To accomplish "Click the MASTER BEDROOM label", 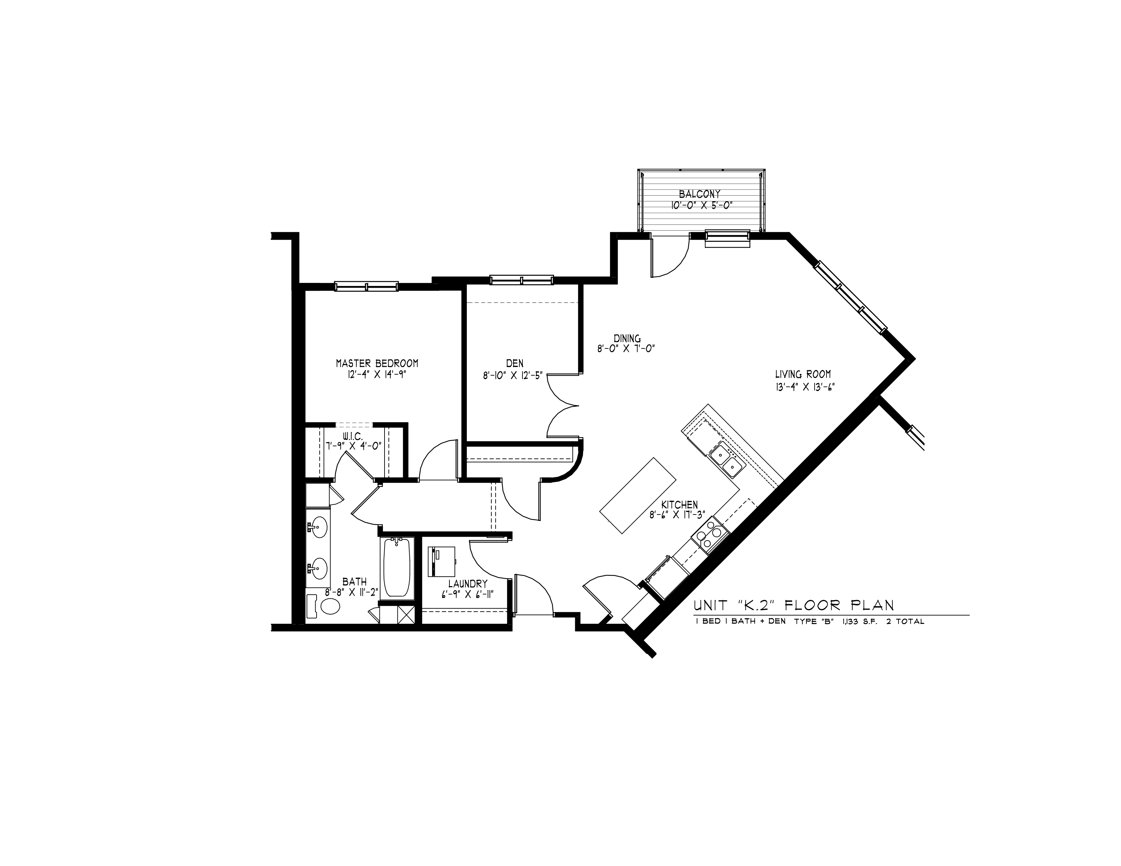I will (x=377, y=363).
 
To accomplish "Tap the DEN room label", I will (x=514, y=363).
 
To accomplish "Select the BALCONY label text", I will (x=699, y=194).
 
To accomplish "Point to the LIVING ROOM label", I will (x=803, y=375).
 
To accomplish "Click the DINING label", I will (x=627, y=339).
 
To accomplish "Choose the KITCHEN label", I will (x=679, y=505).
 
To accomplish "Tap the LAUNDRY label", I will (x=467, y=584).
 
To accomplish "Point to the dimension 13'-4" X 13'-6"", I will (x=803, y=387).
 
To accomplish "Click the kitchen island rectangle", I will (x=638, y=495).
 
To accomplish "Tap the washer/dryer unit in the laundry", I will (x=442, y=561).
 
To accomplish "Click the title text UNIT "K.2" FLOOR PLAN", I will (x=794, y=606).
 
